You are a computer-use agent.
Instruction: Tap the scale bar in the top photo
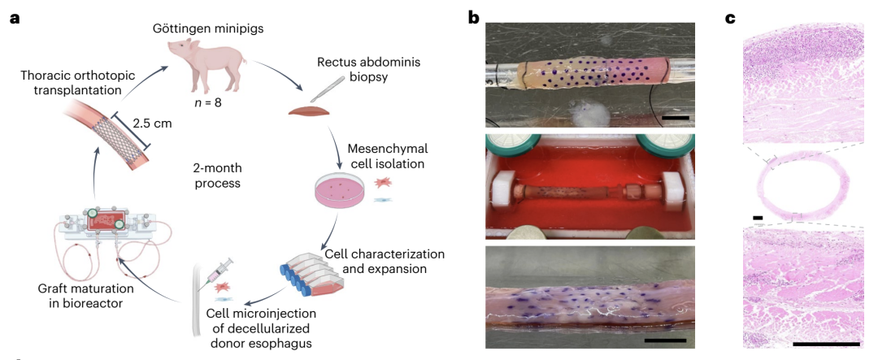[x=676, y=118]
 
